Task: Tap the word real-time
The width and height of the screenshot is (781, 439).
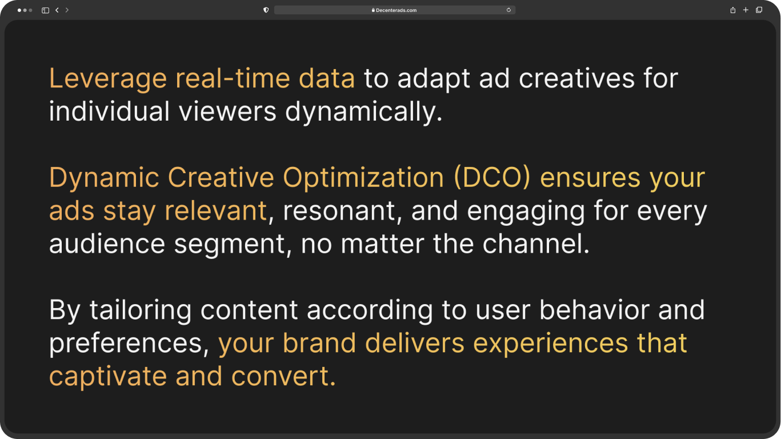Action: pos(233,78)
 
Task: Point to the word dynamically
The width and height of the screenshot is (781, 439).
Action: pos(364,111)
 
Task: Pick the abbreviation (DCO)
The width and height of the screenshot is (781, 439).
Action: pos(492,178)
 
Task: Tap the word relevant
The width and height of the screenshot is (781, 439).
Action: pos(215,210)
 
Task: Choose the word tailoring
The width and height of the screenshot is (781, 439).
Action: pos(141,310)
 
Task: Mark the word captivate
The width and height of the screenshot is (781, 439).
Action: pos(108,376)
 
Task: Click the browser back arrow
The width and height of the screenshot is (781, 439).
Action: pos(57,10)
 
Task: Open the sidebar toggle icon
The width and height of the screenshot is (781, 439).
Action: pos(45,10)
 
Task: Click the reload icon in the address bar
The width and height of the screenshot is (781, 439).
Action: pos(508,10)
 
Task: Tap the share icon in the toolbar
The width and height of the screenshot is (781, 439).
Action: pos(733,10)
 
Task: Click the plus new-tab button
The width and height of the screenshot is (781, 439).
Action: pos(746,10)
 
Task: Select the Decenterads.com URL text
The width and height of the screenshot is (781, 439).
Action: pos(396,10)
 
